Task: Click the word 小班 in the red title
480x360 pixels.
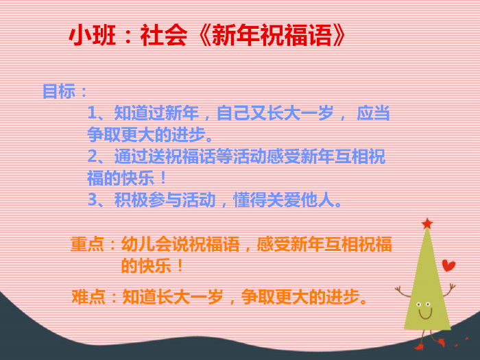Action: click(92, 35)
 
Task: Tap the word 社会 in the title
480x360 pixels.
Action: click(164, 35)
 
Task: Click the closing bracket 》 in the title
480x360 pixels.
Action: click(339, 35)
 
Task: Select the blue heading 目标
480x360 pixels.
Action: click(59, 91)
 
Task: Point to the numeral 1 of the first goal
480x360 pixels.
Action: click(92, 113)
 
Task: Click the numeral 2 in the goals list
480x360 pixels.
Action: click(92, 156)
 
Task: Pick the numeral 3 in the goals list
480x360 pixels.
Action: click(92, 200)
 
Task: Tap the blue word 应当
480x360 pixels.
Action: click(373, 113)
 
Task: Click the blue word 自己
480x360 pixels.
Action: click(233, 113)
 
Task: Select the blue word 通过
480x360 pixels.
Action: click(131, 156)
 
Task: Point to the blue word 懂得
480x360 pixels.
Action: click(250, 200)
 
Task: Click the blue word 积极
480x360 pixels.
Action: click(131, 200)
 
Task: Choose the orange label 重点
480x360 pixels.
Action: click(87, 244)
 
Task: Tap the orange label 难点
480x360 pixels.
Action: click(88, 296)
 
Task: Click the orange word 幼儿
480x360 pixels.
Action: click(138, 244)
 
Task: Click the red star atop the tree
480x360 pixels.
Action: click(427, 224)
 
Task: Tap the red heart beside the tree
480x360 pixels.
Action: click(448, 265)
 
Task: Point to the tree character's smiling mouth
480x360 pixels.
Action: click(425, 314)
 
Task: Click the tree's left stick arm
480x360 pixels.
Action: click(403, 292)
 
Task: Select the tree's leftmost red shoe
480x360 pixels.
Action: click(419, 346)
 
